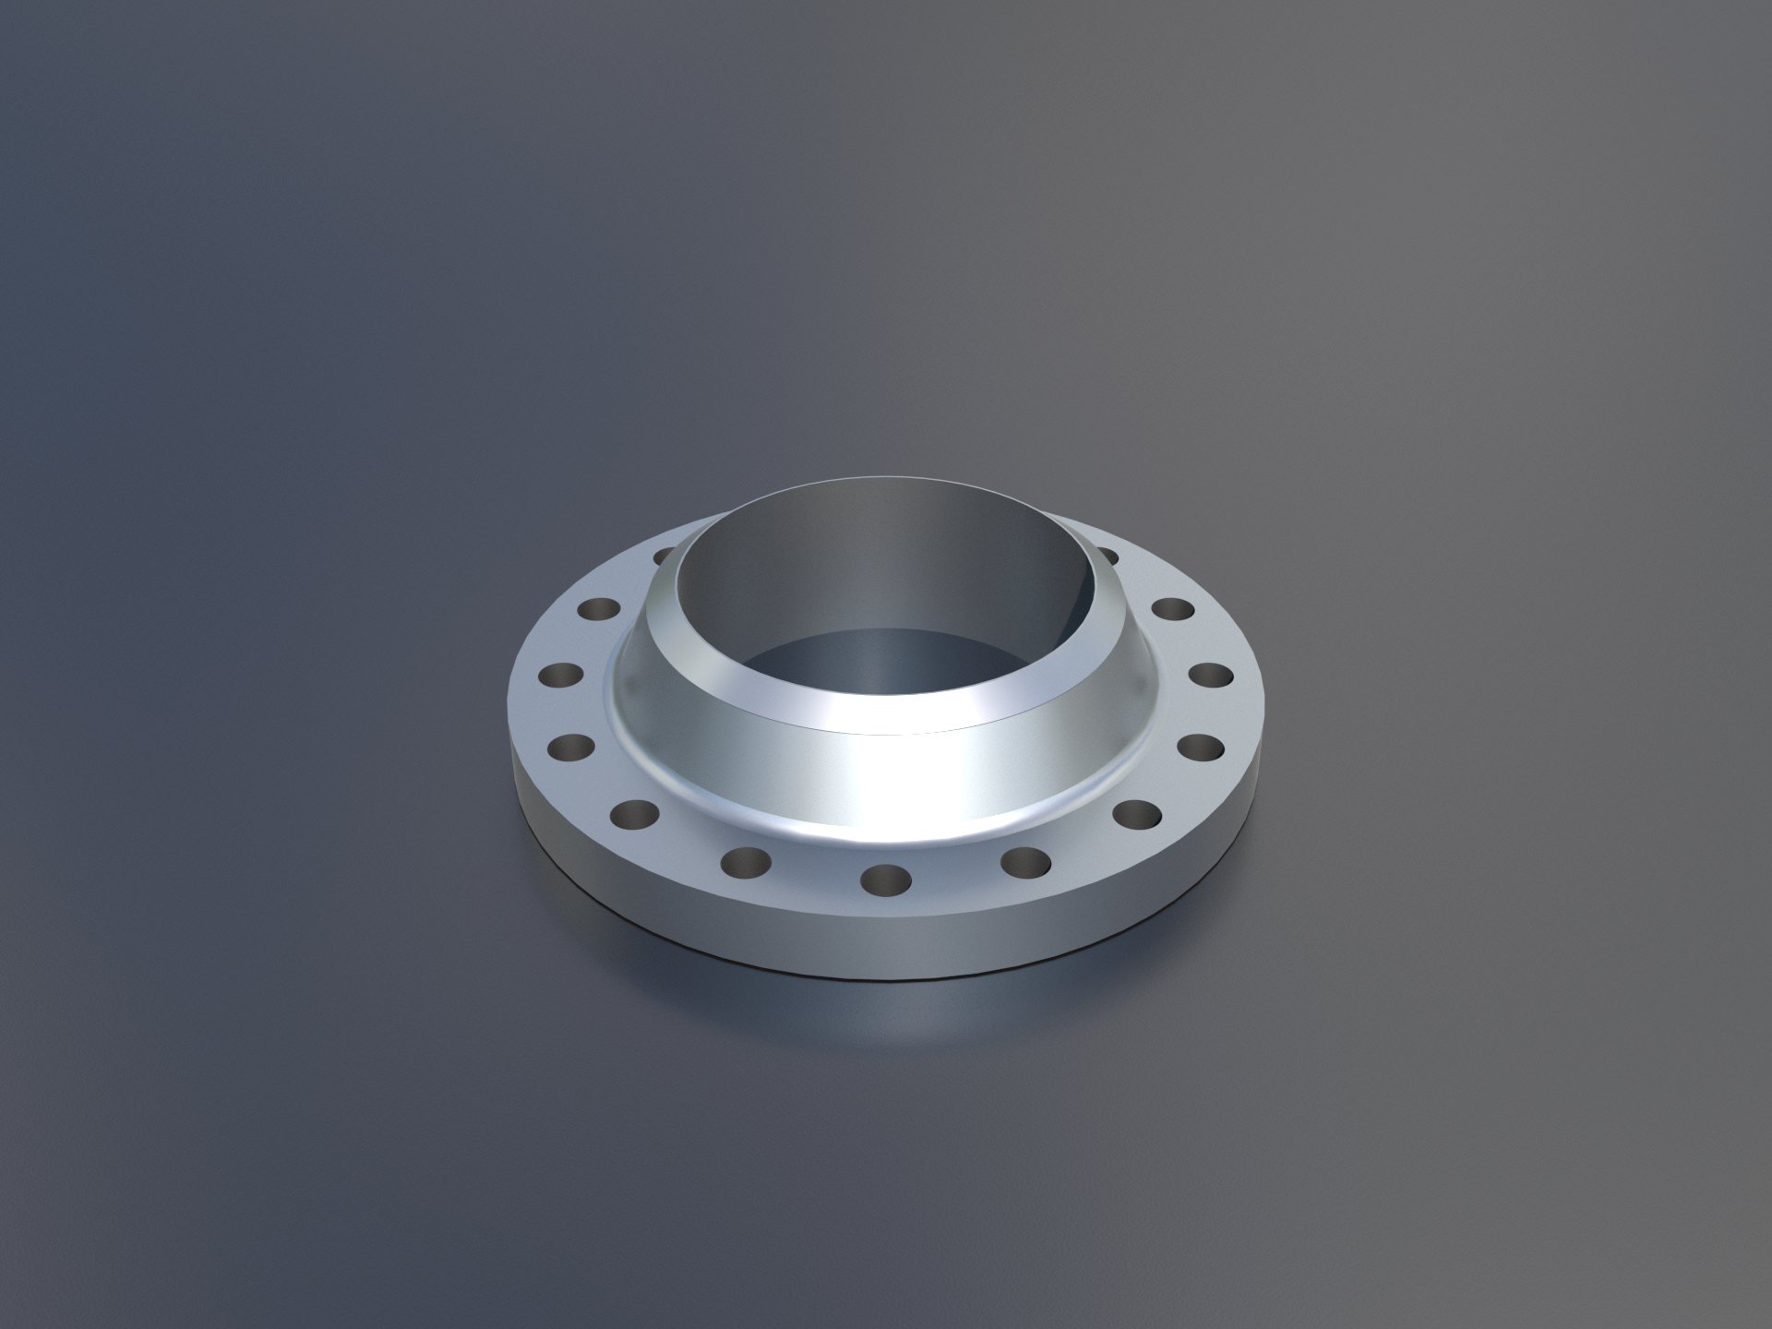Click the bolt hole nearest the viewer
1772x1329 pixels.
point(885,879)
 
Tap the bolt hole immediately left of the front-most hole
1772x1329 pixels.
point(746,863)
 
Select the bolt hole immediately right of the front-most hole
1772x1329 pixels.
point(1025,863)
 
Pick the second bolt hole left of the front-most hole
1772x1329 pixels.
point(634,814)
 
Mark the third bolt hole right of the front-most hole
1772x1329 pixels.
point(1200,746)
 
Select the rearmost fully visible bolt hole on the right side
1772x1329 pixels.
point(1172,609)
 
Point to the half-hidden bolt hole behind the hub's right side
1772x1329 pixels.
point(1107,556)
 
